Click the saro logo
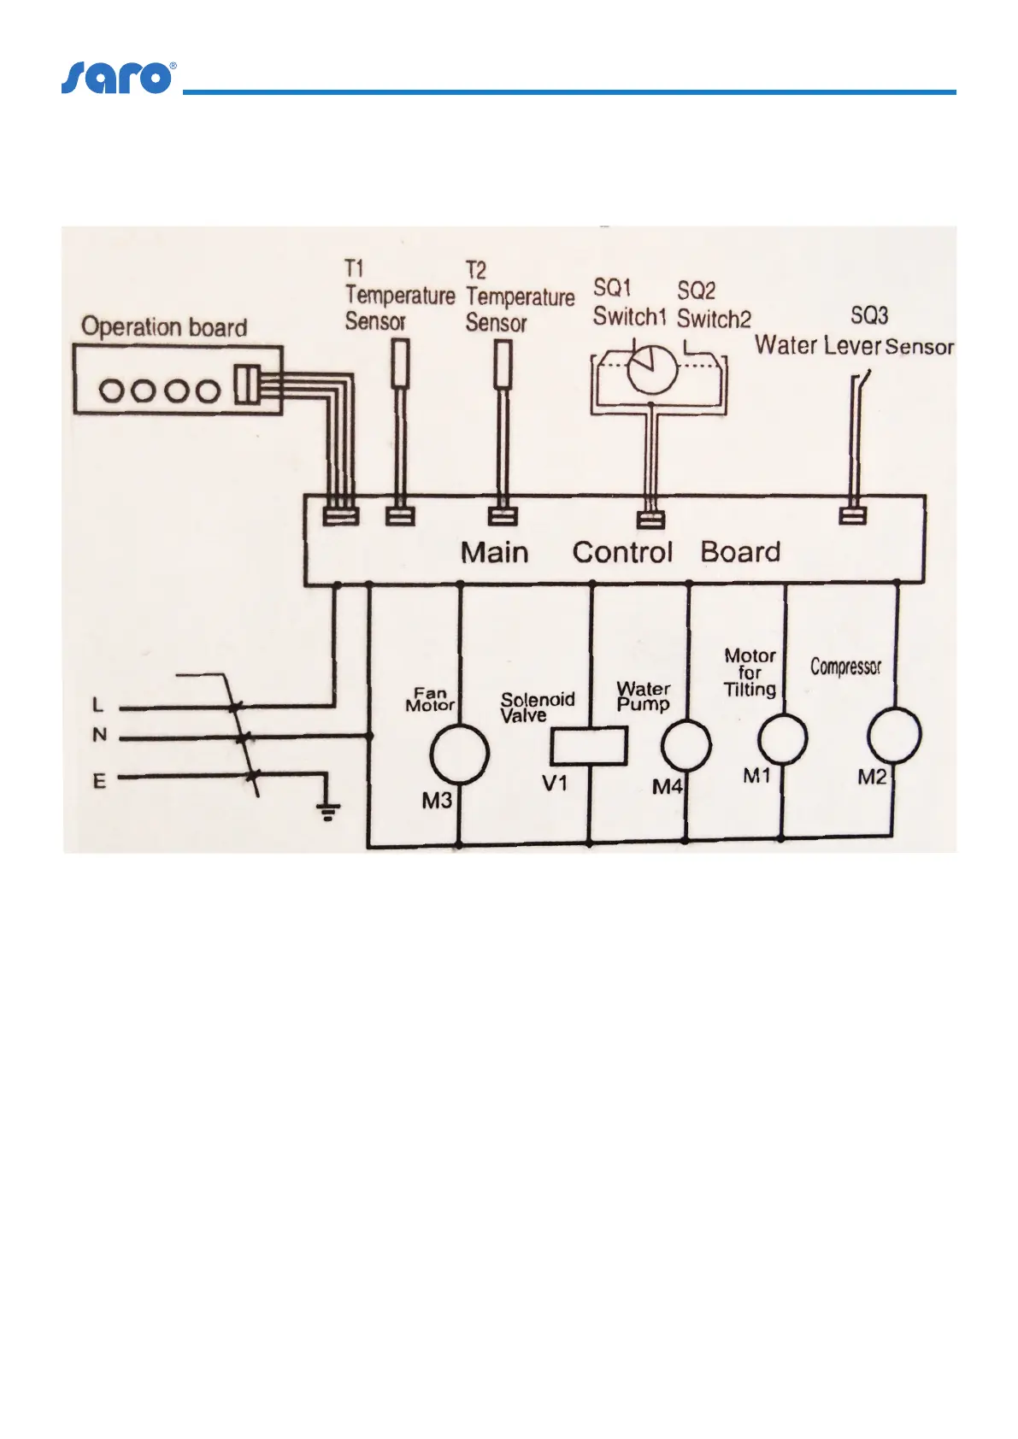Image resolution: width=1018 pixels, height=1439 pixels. coord(118,78)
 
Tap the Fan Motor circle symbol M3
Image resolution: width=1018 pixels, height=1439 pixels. coord(459,754)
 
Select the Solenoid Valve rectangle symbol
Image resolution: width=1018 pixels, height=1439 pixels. coord(589,745)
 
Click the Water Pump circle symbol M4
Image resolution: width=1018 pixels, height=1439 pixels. coord(686,744)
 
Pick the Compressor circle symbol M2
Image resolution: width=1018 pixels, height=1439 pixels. coord(894,735)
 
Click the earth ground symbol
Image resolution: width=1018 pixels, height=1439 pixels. coord(328,809)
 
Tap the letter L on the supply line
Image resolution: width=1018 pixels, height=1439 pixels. coord(98,705)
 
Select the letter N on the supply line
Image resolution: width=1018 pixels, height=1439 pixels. coord(100,735)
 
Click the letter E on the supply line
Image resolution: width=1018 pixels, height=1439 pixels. coord(100,780)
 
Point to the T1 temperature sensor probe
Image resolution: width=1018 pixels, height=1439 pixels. coord(400,364)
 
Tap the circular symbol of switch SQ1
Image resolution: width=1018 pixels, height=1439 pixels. coord(652,368)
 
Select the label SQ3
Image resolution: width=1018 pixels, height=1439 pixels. coord(869,315)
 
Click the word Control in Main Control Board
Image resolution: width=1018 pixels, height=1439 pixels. coord(622,552)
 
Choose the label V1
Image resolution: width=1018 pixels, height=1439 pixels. coord(555,782)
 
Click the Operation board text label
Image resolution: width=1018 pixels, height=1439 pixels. coord(164,327)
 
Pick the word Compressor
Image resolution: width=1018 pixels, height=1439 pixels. coord(845,667)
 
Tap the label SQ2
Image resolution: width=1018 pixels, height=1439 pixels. coord(697,291)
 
